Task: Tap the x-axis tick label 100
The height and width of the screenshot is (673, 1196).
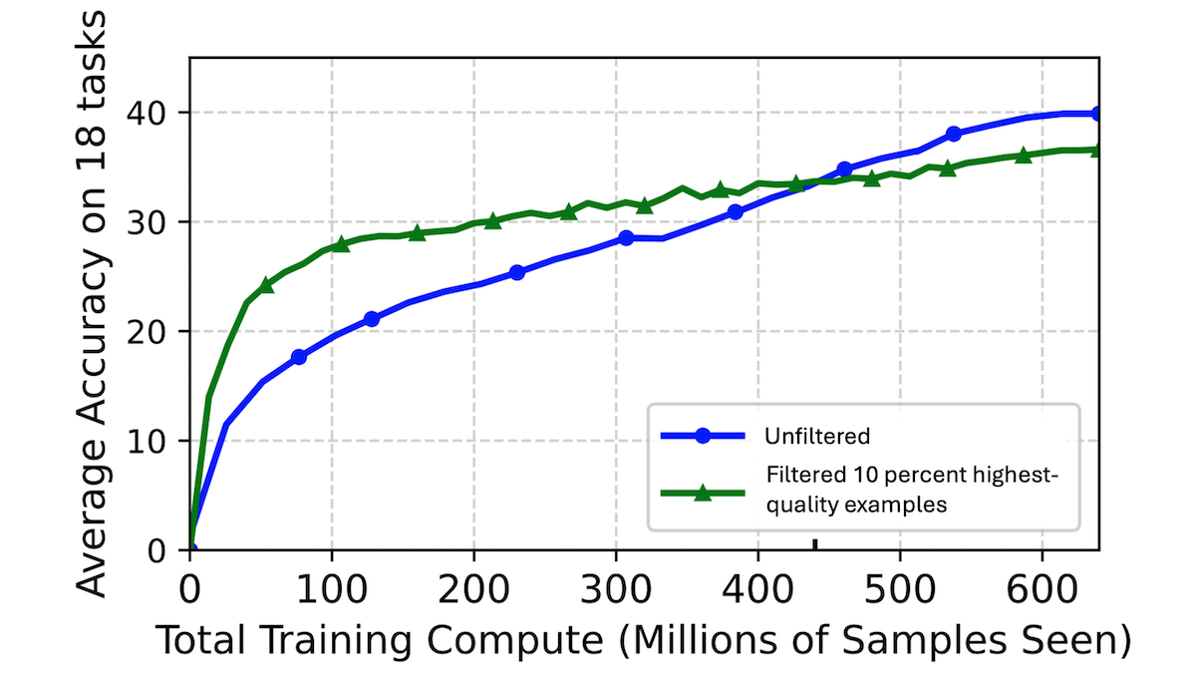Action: point(332,585)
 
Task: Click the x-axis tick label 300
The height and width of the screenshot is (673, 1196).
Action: point(616,585)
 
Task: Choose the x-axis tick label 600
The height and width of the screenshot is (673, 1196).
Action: point(1043,585)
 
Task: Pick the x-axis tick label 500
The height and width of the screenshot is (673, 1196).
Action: point(900,585)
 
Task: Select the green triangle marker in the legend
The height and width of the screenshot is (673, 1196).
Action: point(703,493)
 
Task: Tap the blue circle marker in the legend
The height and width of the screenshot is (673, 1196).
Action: point(703,436)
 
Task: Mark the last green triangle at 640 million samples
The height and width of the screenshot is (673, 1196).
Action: point(1097,150)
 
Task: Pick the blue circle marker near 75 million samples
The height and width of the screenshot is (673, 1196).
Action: point(298,357)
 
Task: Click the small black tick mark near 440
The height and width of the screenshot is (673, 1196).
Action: point(815,544)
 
